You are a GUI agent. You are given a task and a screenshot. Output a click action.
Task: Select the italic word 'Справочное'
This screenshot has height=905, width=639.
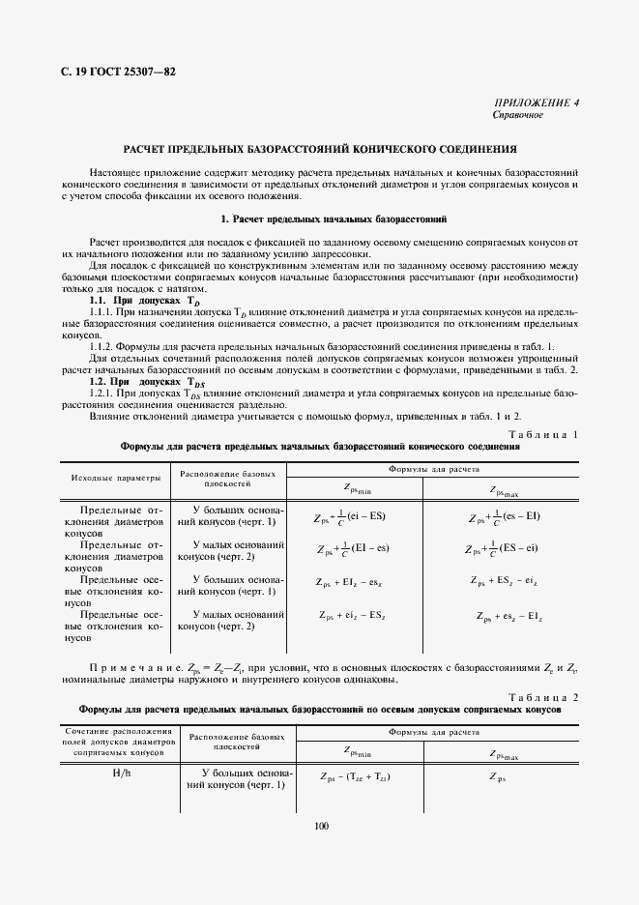pyautogui.click(x=518, y=115)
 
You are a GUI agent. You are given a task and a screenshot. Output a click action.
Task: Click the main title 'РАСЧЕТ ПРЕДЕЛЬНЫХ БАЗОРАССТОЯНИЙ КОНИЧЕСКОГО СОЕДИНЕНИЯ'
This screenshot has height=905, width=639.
pyautogui.click(x=319, y=150)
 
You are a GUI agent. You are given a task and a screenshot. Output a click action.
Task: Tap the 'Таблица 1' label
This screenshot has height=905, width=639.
pyautogui.click(x=542, y=434)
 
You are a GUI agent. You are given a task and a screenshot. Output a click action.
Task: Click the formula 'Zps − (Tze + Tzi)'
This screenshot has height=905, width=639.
pyautogui.click(x=355, y=776)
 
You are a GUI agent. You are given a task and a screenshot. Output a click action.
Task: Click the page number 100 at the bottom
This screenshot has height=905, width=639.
pyautogui.click(x=321, y=826)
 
